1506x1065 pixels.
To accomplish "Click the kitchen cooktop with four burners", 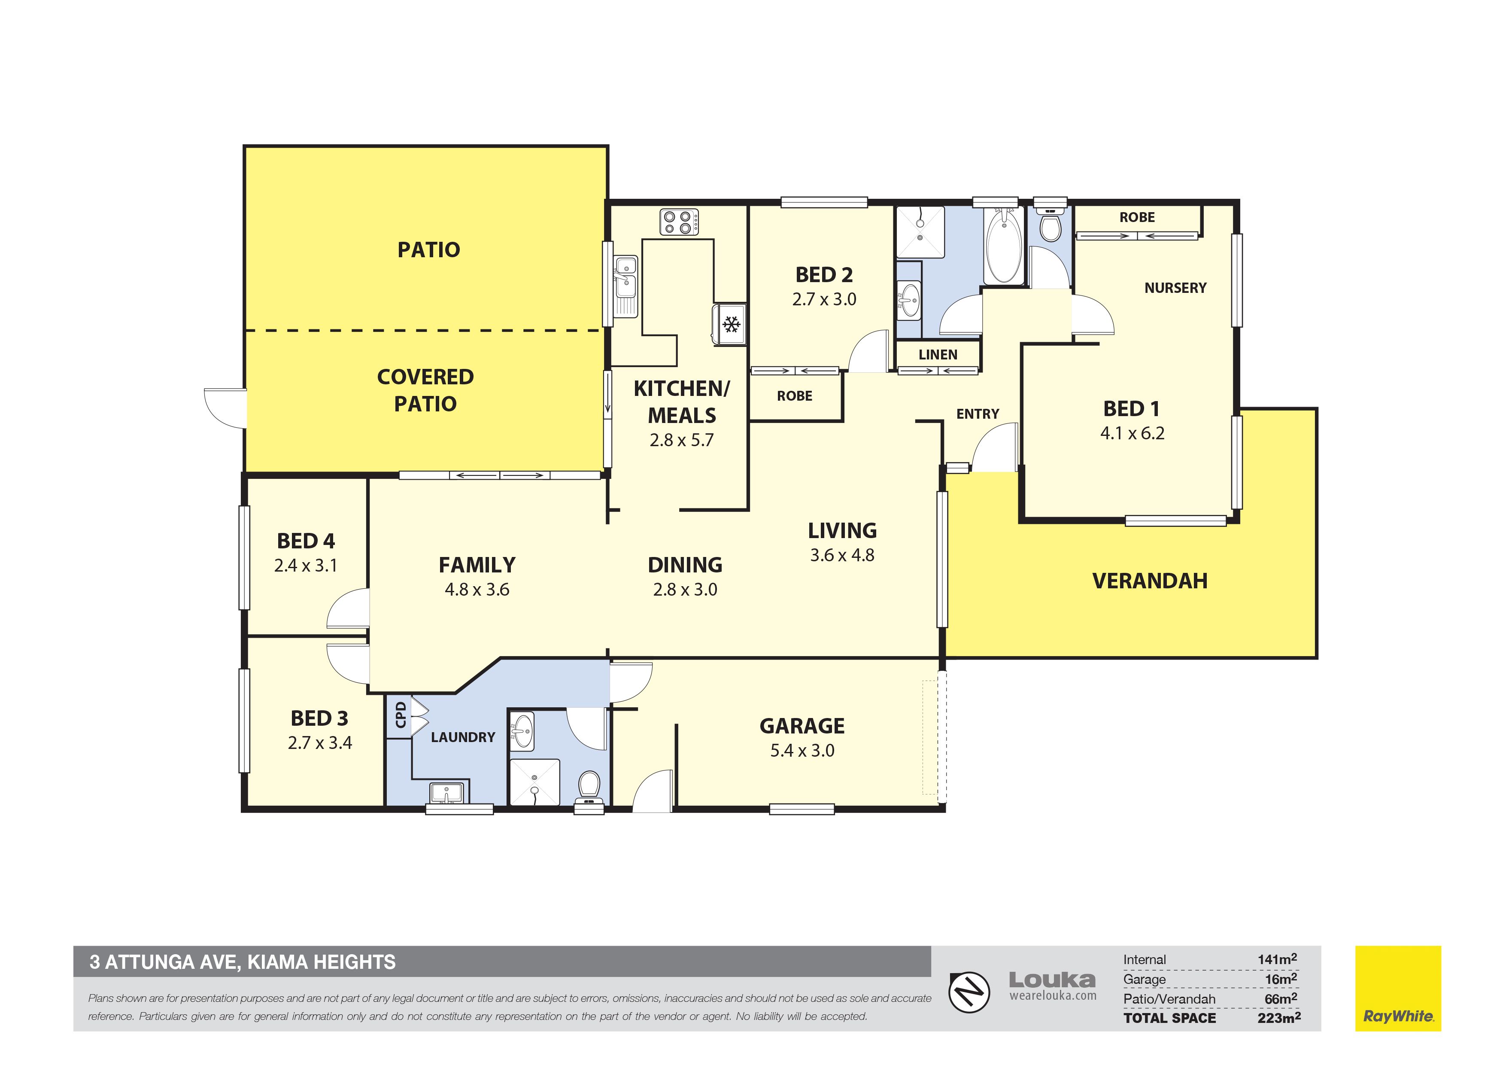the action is (679, 221).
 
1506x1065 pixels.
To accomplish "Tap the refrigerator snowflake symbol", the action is (731, 324).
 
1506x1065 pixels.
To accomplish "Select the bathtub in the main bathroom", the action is (1004, 245).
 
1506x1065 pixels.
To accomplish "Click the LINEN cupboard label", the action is (938, 355).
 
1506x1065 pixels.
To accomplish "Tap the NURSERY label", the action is (1175, 288).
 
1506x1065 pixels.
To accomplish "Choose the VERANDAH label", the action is (1150, 581).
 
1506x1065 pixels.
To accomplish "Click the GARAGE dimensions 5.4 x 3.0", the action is (802, 751).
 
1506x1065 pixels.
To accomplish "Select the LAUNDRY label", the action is (463, 738).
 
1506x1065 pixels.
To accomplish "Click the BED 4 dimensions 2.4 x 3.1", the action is (306, 566).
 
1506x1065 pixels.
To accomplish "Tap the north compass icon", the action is (969, 991).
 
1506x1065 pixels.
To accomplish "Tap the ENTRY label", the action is (978, 414).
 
